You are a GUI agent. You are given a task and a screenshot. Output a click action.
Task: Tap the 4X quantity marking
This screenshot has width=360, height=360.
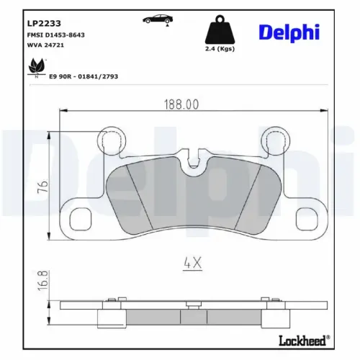(192, 263)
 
